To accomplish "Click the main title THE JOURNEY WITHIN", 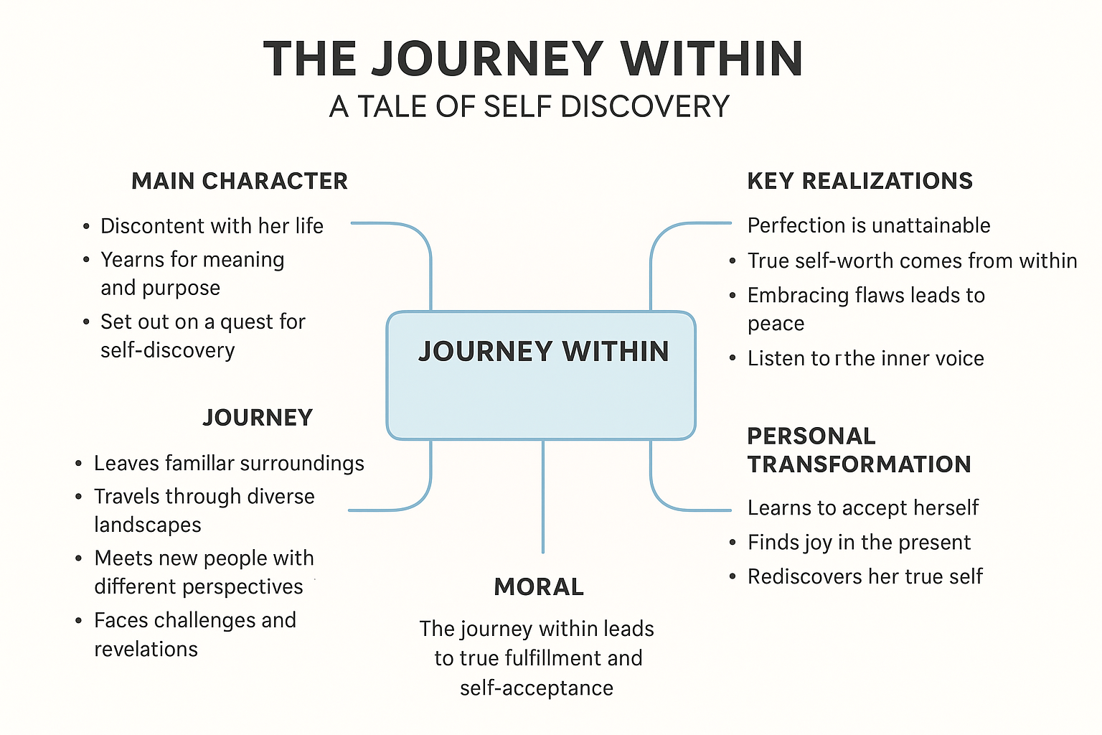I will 532,59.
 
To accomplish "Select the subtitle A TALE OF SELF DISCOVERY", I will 529,107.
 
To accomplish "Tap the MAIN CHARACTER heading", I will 240,182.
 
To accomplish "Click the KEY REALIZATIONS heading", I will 860,182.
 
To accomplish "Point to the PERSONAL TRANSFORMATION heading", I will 858,450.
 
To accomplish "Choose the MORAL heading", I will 539,587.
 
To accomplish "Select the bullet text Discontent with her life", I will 212,226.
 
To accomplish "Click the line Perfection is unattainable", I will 868,225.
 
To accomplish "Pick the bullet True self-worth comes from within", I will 912,261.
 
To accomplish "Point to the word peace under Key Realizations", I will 776,324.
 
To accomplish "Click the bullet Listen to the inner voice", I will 865,358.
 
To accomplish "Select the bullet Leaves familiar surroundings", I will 229,464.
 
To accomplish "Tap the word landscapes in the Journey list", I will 147,525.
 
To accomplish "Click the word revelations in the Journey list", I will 146,649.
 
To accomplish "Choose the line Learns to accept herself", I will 862,507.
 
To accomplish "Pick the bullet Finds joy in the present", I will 859,542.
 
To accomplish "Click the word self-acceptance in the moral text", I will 537,688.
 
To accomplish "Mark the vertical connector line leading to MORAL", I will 543,495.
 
